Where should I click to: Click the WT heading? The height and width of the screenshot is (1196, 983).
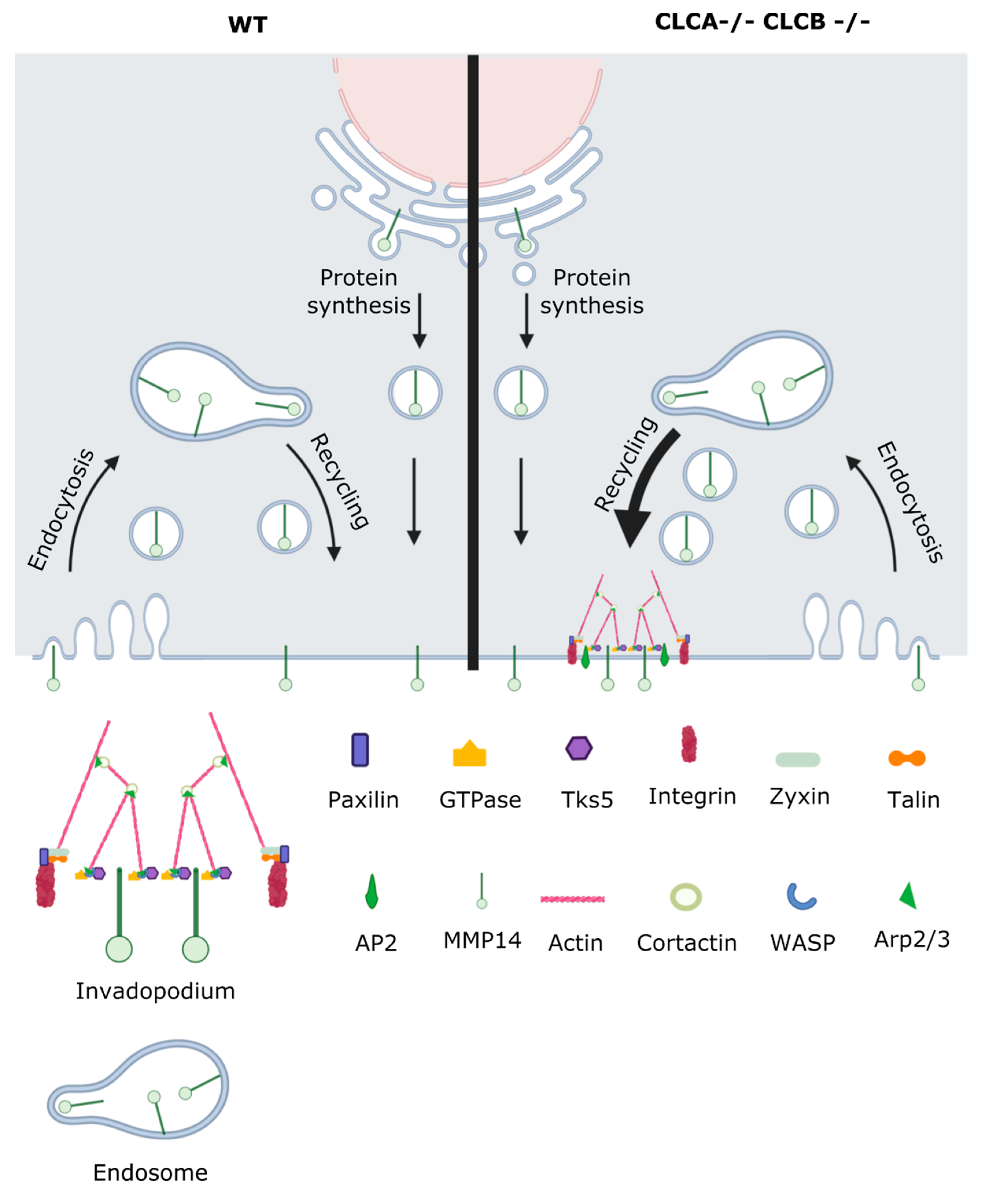pos(247,25)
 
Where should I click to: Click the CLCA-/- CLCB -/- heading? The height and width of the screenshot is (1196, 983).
pos(762,22)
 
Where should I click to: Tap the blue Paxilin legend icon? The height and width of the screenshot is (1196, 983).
pos(360,750)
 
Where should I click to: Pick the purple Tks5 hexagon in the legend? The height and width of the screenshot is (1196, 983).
pos(579,748)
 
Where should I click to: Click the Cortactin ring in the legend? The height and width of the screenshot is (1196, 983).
pos(686,897)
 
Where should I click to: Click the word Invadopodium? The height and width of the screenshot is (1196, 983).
pos(155,991)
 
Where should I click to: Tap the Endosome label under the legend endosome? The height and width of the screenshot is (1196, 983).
pos(150,1172)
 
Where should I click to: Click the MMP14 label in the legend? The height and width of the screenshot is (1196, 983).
pos(482,941)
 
